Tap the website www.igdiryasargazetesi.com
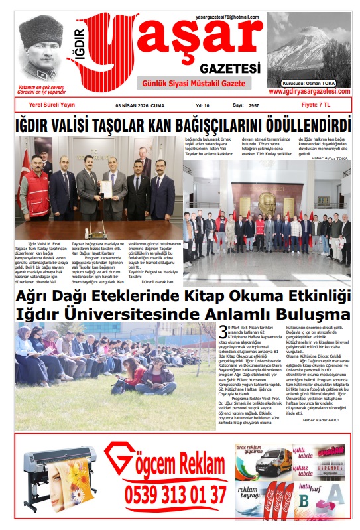click(308, 92)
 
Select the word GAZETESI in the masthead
click(228, 68)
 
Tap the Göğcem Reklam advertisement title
click(171, 462)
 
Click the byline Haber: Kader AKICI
click(323, 420)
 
